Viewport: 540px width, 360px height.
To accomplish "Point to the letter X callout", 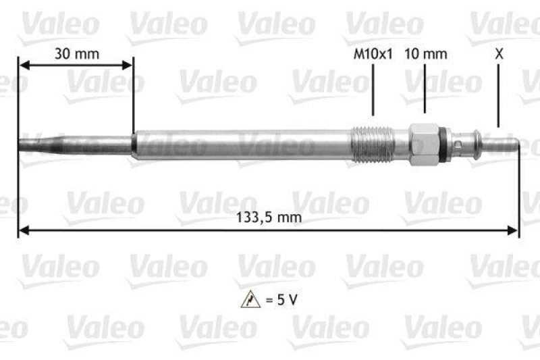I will click(x=499, y=55).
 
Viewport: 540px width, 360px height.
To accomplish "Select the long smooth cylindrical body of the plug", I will click(x=243, y=145).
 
